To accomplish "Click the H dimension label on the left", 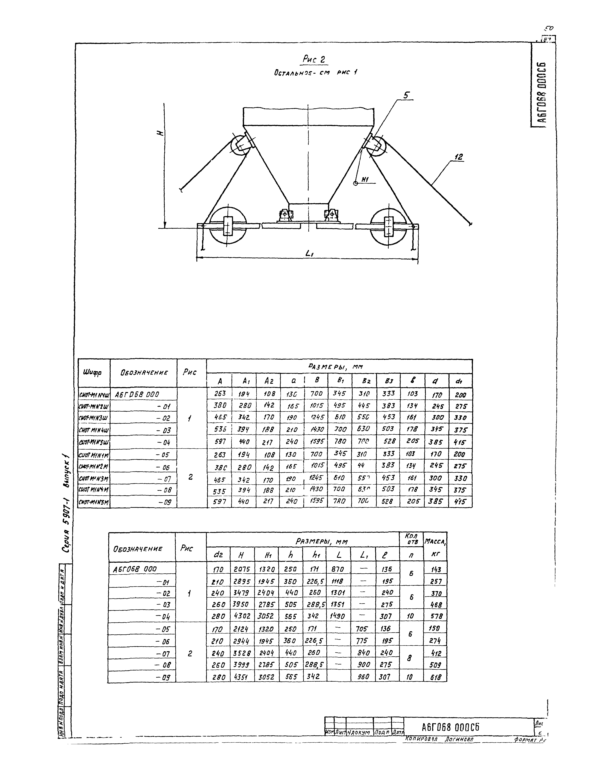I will click(161, 133).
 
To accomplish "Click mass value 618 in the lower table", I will click(436, 677).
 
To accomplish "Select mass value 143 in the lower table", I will click(436, 569).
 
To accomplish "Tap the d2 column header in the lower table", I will click(217, 555).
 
